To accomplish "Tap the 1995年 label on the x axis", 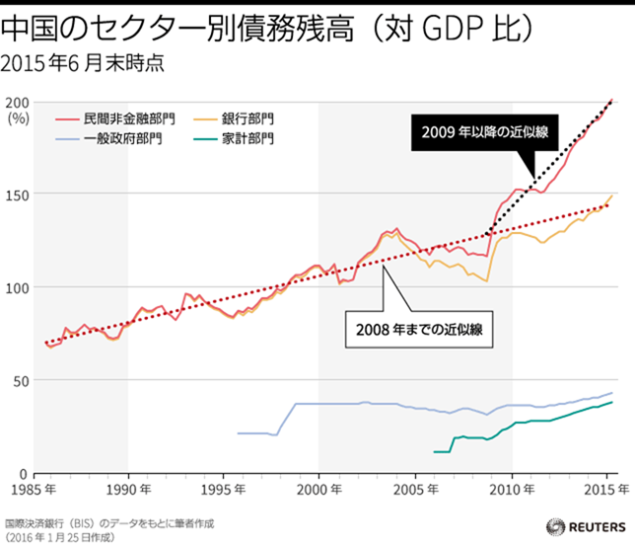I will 223,489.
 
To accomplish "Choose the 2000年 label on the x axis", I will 317,489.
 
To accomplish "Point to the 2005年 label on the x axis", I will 413,489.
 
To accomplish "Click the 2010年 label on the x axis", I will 509,489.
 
